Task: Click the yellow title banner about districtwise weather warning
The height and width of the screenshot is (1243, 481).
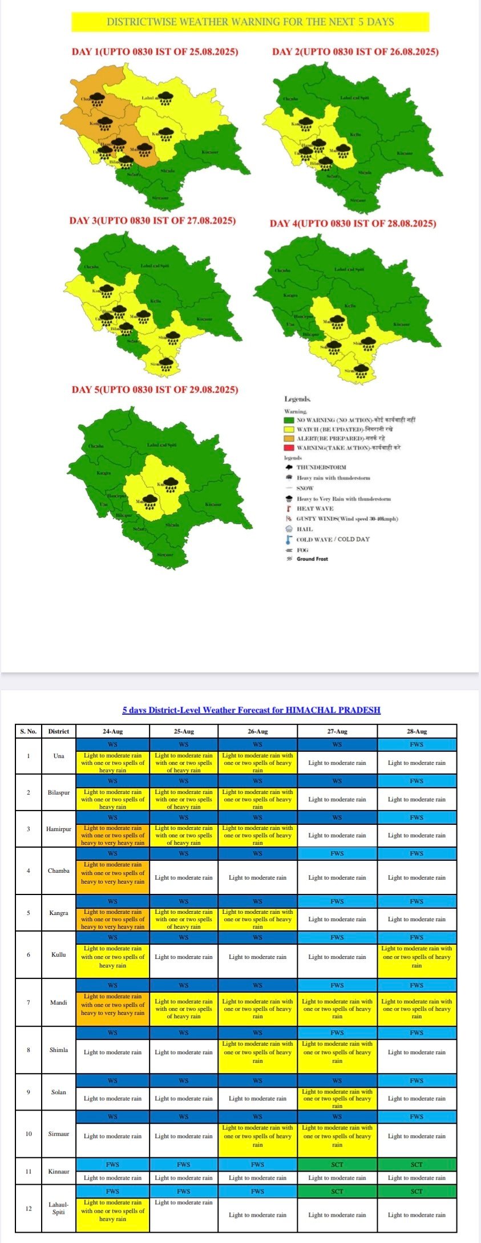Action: [x=250, y=22]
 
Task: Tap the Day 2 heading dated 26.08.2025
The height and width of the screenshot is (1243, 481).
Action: [x=355, y=52]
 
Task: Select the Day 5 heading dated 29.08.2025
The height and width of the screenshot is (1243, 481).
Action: [x=155, y=390]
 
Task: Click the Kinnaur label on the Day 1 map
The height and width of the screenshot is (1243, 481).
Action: [x=210, y=152]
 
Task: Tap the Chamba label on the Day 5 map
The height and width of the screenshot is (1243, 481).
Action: [x=96, y=446]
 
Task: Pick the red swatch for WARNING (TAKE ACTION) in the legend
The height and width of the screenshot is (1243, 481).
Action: [x=289, y=448]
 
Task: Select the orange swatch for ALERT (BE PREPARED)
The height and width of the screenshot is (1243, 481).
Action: [x=289, y=439]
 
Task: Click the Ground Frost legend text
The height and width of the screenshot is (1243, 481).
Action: [x=312, y=559]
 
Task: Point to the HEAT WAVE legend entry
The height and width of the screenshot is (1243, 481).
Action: [x=314, y=508]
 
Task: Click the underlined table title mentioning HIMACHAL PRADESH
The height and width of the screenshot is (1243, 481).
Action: [x=251, y=710]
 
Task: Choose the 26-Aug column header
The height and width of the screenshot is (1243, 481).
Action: [x=257, y=731]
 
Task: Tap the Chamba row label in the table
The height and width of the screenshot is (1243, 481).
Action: [x=58, y=870]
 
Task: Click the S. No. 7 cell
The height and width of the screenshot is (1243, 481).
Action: [x=29, y=1002]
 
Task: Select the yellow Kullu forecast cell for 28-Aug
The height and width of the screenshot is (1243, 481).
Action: [x=417, y=957]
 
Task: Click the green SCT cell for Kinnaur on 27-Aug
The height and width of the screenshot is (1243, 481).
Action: [x=337, y=1164]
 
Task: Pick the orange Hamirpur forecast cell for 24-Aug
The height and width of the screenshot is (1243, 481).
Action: [x=112, y=835]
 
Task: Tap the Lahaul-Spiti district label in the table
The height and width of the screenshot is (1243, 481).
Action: [x=58, y=1208]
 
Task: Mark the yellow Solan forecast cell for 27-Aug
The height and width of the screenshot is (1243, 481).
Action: [x=337, y=1098]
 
